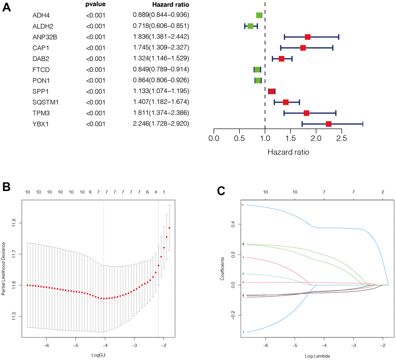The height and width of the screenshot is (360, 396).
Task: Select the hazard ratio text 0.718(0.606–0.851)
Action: click(161, 26)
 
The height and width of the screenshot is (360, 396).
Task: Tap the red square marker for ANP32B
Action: click(307, 37)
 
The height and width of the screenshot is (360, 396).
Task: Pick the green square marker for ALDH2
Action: click(250, 26)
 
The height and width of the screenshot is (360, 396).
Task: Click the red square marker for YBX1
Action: click(328, 124)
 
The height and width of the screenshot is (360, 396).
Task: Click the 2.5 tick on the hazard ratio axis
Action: click(341, 138)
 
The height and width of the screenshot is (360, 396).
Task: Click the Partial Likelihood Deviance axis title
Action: click(4, 269)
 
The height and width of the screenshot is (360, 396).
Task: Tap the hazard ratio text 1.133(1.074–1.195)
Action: click(161, 92)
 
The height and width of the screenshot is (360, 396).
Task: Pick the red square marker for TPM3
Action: click(306, 113)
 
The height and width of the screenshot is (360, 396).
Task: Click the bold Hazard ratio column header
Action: click(170, 5)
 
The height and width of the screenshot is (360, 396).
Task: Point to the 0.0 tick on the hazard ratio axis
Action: click(214, 138)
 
